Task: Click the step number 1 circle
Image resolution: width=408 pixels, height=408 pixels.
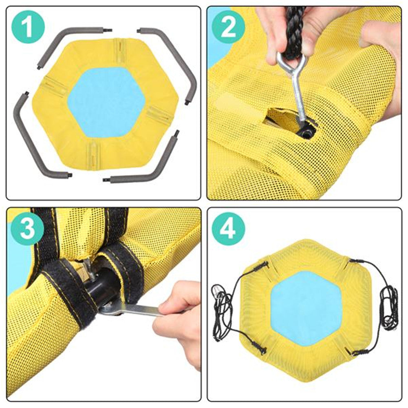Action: coord(28,27)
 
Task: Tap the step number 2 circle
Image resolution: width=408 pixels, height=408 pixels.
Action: coord(228,27)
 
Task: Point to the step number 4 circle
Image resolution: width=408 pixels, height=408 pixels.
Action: coord(228,229)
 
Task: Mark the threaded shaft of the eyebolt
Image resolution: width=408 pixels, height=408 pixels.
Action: coord(299,96)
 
